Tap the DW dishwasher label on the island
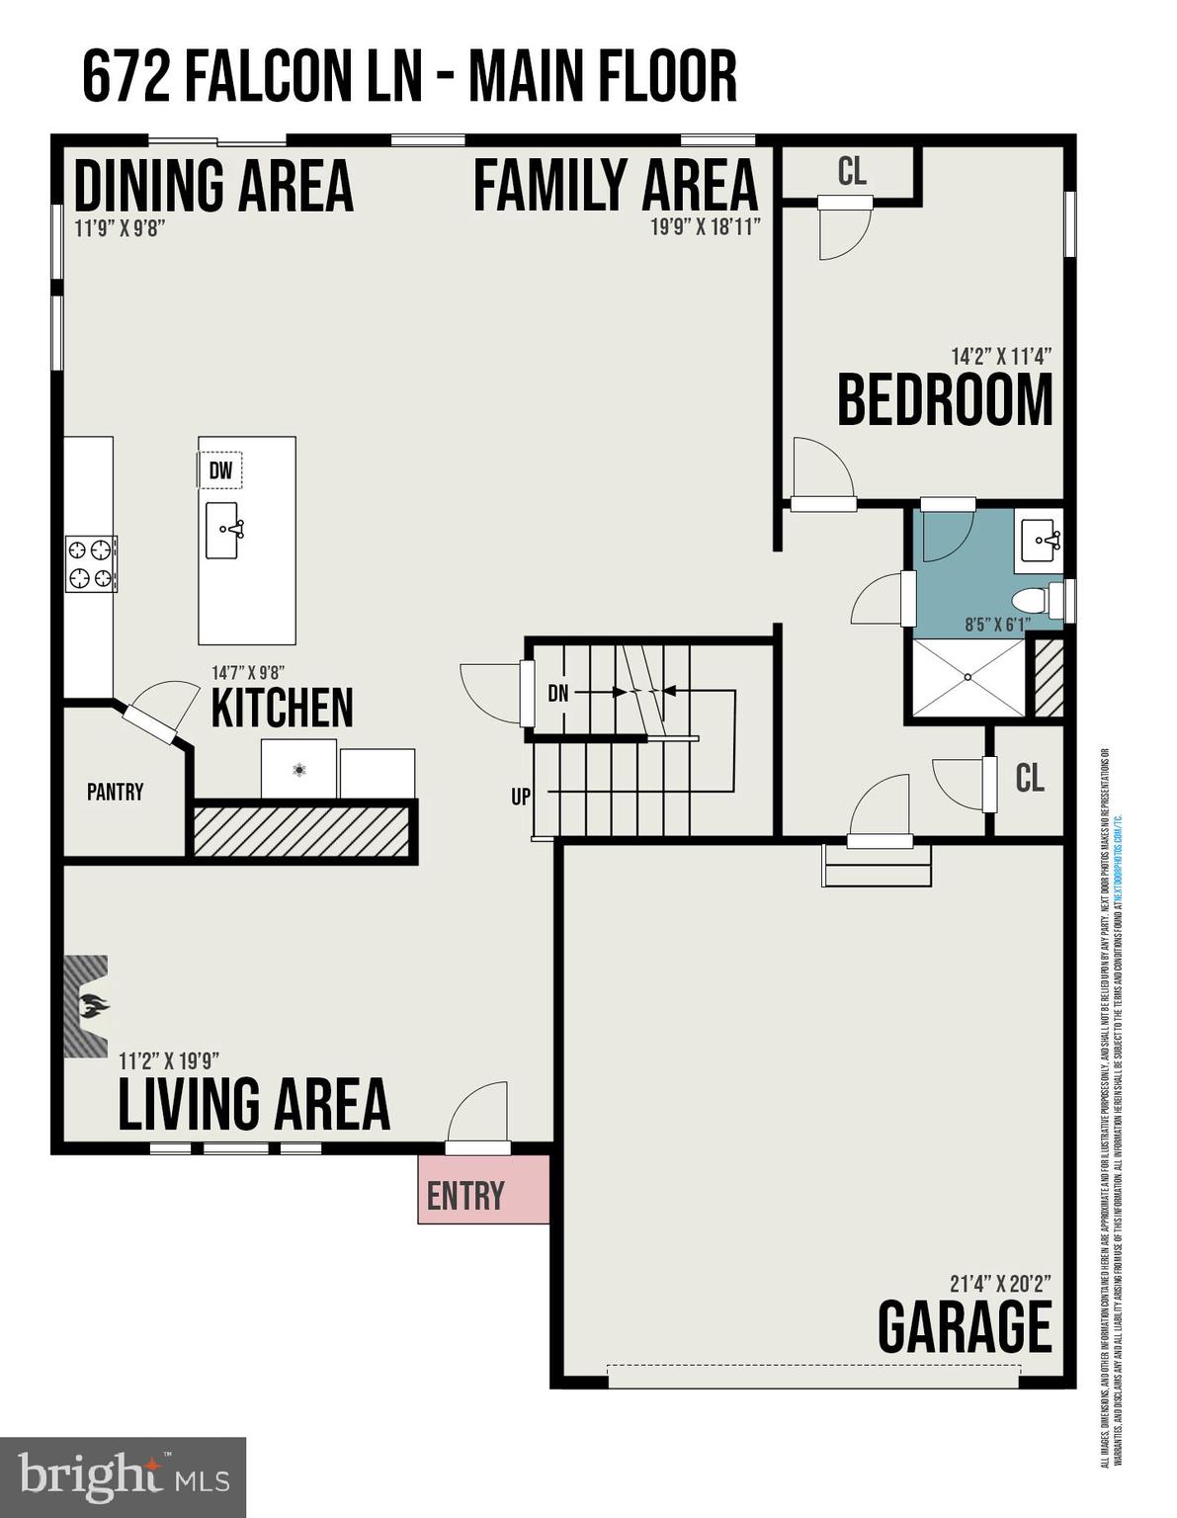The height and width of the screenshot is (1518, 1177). pyautogui.click(x=220, y=470)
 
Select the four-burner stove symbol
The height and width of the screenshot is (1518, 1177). pyautogui.click(x=91, y=563)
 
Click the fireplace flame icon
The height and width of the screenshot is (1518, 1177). pyautogui.click(x=93, y=1008)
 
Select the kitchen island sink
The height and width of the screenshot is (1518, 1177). pyautogui.click(x=223, y=531)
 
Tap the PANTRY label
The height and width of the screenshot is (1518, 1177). pyautogui.click(x=115, y=792)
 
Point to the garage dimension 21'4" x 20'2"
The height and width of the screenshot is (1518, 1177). pyautogui.click(x=999, y=1284)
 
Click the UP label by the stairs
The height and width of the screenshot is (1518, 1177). pyautogui.click(x=521, y=796)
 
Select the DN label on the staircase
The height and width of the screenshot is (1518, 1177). pyautogui.click(x=557, y=694)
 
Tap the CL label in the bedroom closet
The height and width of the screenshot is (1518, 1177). pyautogui.click(x=851, y=172)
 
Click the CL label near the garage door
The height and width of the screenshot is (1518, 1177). pyautogui.click(x=1029, y=779)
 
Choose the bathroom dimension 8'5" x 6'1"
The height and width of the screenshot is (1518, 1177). pyautogui.click(x=996, y=624)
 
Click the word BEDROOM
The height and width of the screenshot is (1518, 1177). pyautogui.click(x=945, y=400)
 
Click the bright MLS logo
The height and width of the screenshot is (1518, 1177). pyautogui.click(x=123, y=1477)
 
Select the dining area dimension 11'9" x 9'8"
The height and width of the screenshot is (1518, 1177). pyautogui.click(x=119, y=227)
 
